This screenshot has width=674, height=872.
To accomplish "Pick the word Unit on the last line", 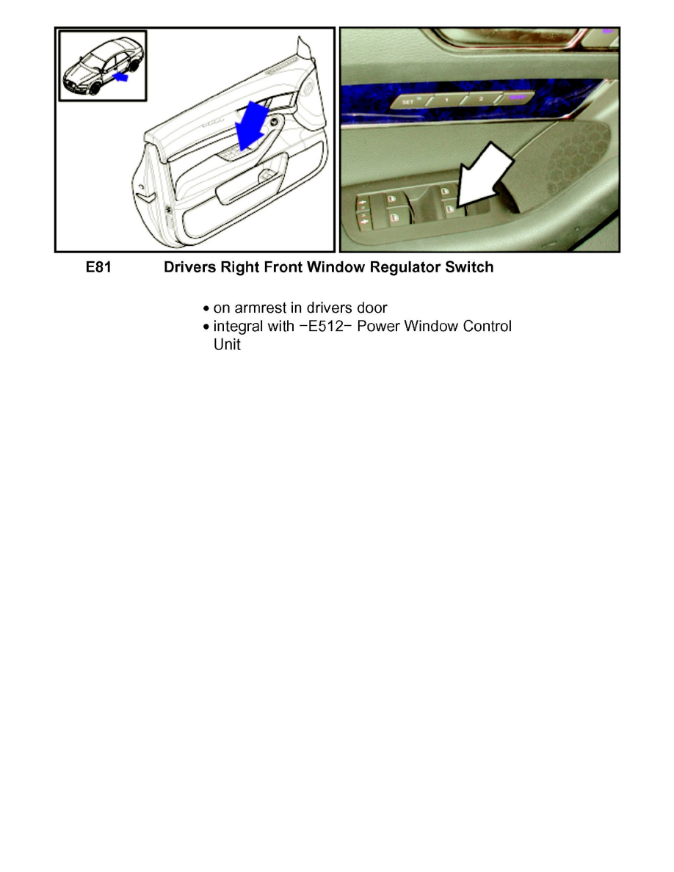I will point(226,344).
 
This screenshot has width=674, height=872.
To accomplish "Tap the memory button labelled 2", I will point(481,98).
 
